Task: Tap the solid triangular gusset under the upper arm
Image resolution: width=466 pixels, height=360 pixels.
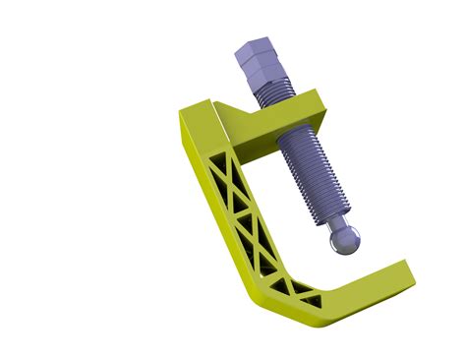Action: point(236,124)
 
